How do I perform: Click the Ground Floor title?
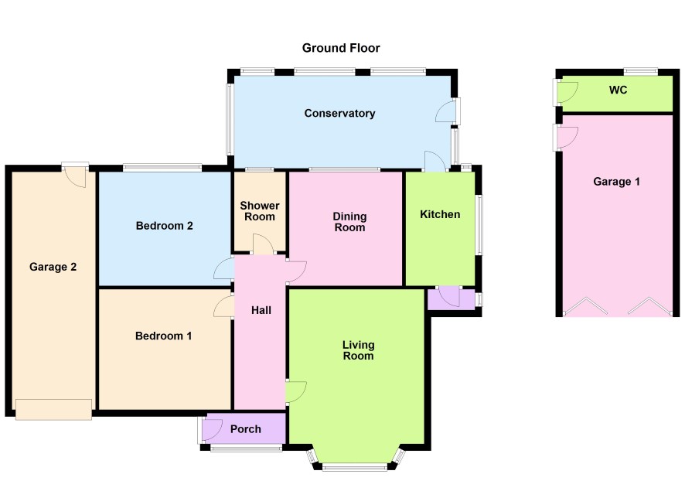tap(341, 48)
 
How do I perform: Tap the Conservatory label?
tap(339, 114)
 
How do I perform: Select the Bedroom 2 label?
tap(164, 226)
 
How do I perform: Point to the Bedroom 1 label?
tap(163, 336)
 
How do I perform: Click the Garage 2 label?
tap(53, 267)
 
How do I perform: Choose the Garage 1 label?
tap(616, 182)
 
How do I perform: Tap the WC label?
tap(619, 90)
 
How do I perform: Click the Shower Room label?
tap(260, 211)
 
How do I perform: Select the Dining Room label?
tap(349, 222)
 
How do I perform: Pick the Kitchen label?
tap(440, 214)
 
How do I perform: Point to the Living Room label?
tap(358, 350)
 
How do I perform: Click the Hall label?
tap(261, 310)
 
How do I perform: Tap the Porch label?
tap(246, 429)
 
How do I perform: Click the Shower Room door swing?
tap(264, 244)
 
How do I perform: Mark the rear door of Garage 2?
tap(75, 176)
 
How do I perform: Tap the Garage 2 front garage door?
tap(54, 410)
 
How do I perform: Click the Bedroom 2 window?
tap(162, 167)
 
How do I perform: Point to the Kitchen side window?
tap(479, 224)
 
